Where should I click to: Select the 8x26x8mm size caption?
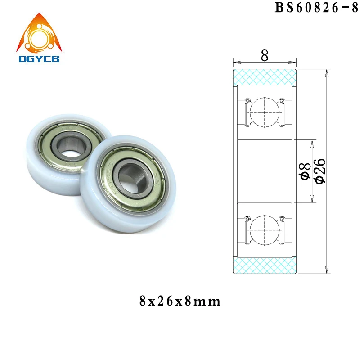[x=180, y=301]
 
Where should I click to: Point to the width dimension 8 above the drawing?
[x=265, y=55]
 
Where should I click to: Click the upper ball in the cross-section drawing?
[x=265, y=110]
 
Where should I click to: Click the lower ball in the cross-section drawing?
[x=265, y=232]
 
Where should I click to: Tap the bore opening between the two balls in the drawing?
[x=265, y=171]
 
